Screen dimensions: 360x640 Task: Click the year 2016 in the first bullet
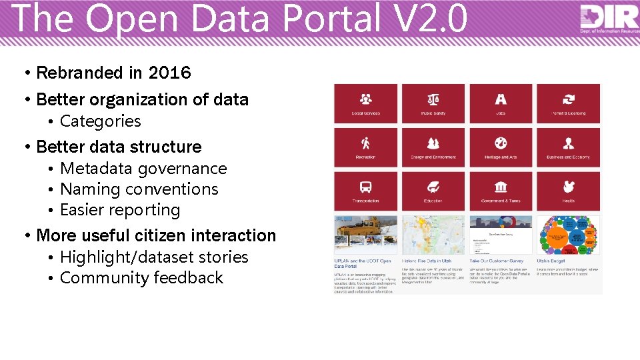click(x=169, y=73)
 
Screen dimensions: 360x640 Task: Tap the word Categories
click(x=101, y=121)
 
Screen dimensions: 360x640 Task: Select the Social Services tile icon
click(x=366, y=99)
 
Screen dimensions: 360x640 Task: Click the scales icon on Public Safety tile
click(x=433, y=99)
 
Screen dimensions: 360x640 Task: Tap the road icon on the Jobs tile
click(x=501, y=99)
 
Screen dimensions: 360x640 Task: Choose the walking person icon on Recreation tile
click(x=366, y=143)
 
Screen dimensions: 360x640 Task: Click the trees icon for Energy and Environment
click(x=433, y=143)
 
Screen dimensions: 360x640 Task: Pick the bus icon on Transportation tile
click(x=366, y=187)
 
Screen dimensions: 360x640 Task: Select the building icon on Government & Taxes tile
click(x=501, y=187)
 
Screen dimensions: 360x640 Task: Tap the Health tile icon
click(x=568, y=187)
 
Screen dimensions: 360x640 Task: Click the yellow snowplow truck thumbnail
click(x=366, y=233)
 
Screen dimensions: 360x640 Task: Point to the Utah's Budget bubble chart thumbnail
click(x=568, y=233)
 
